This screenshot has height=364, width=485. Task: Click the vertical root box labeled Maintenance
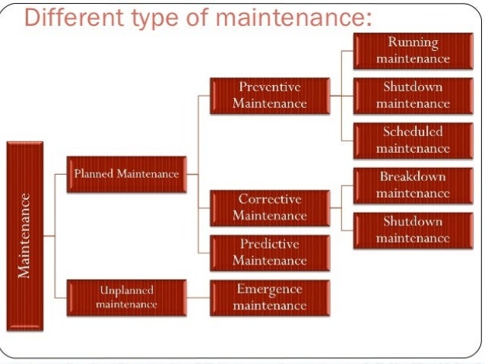point(24,236)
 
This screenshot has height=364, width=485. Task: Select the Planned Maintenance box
point(126,174)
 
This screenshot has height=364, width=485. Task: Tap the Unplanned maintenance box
point(126,297)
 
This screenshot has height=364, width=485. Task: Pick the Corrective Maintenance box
point(270,207)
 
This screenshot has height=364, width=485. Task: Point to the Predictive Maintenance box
point(270,252)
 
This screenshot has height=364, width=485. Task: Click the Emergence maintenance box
point(270,297)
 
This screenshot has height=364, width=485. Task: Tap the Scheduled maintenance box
point(413,139)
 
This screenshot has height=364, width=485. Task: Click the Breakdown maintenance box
point(413,185)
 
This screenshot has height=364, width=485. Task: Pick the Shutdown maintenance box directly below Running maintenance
point(413,94)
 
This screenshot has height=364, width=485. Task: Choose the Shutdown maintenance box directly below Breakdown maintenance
point(413,229)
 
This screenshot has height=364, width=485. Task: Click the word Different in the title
point(71,17)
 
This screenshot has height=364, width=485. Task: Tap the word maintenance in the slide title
point(293,17)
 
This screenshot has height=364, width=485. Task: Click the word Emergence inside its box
point(270,290)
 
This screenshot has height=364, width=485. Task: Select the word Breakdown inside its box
point(413,177)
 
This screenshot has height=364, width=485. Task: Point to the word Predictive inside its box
point(270,245)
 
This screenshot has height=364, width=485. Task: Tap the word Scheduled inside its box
point(413,131)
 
